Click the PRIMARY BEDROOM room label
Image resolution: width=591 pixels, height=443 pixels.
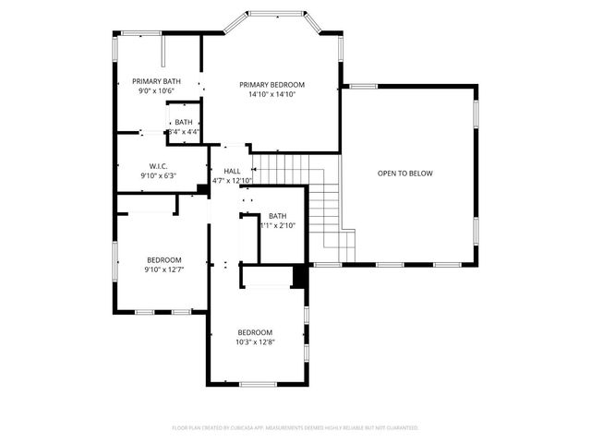271,84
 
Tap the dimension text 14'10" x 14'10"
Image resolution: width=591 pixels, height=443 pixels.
271,94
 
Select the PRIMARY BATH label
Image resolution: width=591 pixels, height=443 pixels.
156,81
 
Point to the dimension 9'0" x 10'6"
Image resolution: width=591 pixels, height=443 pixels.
156,91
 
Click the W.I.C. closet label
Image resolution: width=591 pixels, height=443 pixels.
158,166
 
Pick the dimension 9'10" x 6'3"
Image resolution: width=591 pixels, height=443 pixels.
158,175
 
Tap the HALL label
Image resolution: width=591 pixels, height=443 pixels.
232,171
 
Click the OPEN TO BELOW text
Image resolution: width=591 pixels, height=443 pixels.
404,174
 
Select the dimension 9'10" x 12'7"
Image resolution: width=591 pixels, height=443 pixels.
163,269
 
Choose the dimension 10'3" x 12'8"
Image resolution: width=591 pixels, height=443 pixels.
255,342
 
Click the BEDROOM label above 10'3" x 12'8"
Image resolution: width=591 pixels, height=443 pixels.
255,332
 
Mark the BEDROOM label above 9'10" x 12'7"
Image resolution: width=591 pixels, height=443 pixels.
163,259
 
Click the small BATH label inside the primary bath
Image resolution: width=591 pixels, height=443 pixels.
184,122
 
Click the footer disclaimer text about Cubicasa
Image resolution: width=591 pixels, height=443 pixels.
295,428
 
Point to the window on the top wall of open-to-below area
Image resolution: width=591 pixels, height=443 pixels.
363,87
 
